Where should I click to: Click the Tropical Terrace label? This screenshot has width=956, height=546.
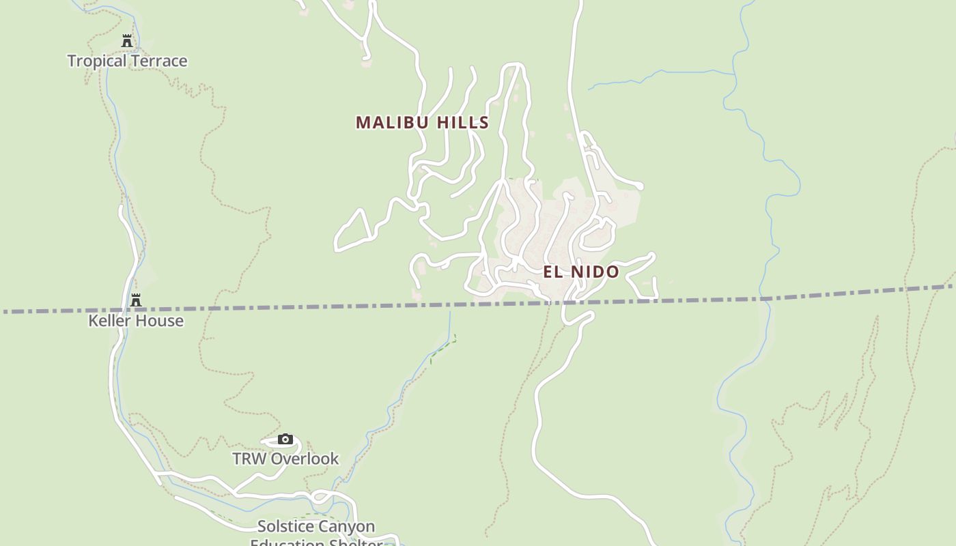point(127,61)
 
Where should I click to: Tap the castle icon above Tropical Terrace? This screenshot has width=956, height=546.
point(127,41)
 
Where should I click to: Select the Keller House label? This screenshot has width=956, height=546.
point(136,320)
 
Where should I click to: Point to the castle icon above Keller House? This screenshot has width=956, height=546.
point(136,300)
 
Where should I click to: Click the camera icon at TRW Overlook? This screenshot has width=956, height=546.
point(285,439)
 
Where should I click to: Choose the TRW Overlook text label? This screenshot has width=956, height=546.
point(285,459)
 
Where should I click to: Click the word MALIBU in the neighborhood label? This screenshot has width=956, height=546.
point(392,122)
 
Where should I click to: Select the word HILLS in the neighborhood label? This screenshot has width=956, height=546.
point(463,122)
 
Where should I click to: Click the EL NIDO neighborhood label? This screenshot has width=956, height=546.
point(581,272)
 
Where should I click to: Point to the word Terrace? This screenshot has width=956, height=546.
point(159,61)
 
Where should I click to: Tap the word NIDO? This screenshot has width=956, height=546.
point(594,272)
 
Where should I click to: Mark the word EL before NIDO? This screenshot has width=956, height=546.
point(552,272)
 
